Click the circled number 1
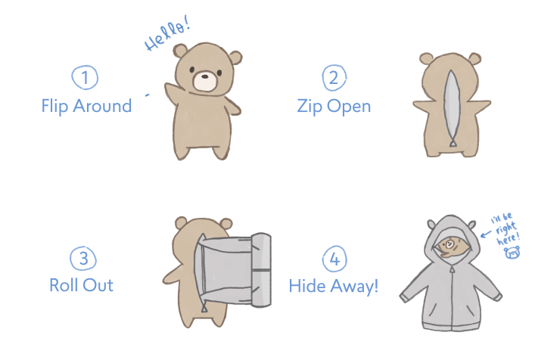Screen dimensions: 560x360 tap(85, 77)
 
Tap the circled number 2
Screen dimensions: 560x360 tap(334, 77)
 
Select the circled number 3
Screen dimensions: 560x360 tap(83, 258)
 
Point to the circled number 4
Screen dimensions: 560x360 tap(334, 259)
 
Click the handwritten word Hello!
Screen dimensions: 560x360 tap(167, 34)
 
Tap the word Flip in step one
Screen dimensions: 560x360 tap(55, 106)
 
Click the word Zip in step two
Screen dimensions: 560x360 tap(310, 107)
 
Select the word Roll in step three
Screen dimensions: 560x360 tap(64, 285)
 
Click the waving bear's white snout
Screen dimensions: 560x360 tap(205, 81)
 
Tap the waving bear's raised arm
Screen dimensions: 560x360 tap(174, 94)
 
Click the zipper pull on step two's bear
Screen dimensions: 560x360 tap(453, 143)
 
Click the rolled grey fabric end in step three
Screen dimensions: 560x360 tap(261, 270)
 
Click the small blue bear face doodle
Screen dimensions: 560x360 tap(512, 253)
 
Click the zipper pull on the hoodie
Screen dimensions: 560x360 tap(452, 269)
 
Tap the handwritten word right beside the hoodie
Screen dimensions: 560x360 tap(506, 228)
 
